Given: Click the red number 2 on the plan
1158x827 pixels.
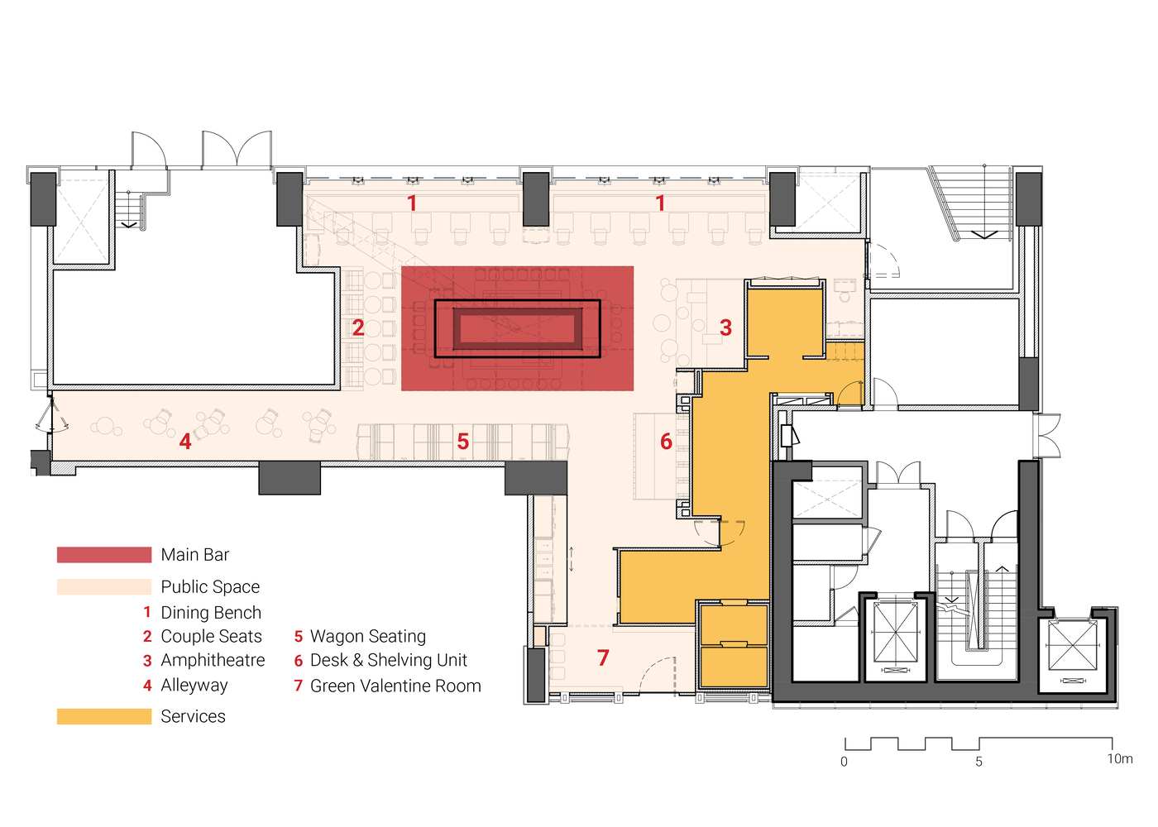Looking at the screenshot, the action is [x=358, y=327].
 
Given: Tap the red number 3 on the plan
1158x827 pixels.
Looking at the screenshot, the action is [x=726, y=327].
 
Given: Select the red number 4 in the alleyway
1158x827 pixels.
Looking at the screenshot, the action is [x=185, y=441].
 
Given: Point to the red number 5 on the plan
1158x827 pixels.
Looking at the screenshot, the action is [x=462, y=442].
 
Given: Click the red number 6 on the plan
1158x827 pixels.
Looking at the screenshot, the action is [x=667, y=442].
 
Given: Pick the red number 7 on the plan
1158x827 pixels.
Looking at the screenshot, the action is [x=603, y=657].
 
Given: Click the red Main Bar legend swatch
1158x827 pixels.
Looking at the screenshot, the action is [x=104, y=555].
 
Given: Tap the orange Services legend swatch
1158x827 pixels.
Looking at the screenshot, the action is [x=104, y=716].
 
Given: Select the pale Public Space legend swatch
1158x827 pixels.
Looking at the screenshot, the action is [x=104, y=586].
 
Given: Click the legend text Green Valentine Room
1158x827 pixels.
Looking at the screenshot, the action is [x=395, y=686].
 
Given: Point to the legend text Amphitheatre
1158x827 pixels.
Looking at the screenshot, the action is [x=213, y=660].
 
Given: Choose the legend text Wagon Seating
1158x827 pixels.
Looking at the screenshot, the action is [x=368, y=636].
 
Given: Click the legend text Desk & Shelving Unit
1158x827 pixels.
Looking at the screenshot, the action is [x=389, y=660].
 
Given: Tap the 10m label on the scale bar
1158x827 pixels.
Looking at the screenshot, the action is [x=1120, y=758].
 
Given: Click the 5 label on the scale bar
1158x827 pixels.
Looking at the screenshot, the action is [x=979, y=762].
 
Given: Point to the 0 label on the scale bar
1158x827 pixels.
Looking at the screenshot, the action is [x=844, y=762].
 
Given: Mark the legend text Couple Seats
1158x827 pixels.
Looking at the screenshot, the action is [x=211, y=636].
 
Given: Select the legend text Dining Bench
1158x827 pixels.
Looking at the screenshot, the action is [x=211, y=613].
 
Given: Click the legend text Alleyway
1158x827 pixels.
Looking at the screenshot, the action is [x=194, y=686].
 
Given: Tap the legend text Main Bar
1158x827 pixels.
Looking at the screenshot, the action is [x=195, y=555].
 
